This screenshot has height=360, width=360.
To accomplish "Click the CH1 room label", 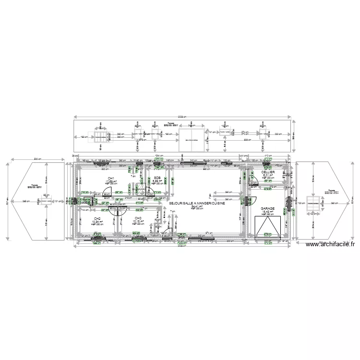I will (x=110, y=179).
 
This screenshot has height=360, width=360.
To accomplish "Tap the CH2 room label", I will (x=97, y=218).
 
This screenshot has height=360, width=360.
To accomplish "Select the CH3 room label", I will (x=138, y=218).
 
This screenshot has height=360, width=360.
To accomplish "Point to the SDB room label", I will (x=157, y=179).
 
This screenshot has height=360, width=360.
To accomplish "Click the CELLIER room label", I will (x=268, y=172).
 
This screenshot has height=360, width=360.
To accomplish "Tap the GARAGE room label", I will (x=268, y=209).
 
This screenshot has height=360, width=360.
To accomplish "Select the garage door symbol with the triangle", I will (x=267, y=226).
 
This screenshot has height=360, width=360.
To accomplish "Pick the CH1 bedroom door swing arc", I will (x=108, y=191).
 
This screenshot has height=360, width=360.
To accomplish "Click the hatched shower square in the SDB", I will (x=142, y=190).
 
